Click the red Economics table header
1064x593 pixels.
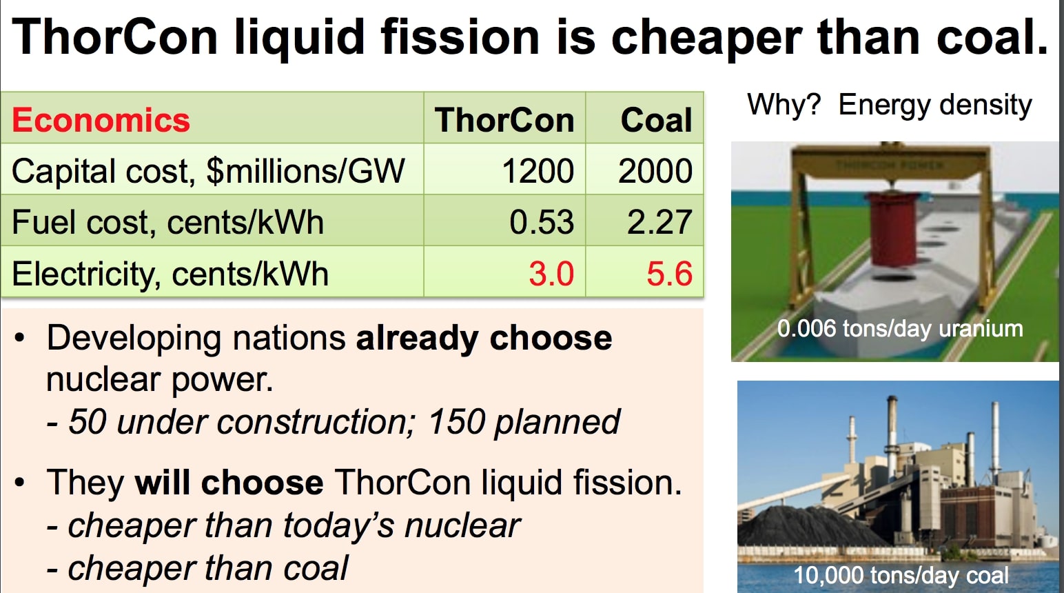coord(101,120)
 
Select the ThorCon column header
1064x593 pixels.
coord(504,120)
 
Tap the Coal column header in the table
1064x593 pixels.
coord(656,120)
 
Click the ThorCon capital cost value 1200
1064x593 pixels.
coord(538,171)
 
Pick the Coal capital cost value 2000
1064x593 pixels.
coord(655,171)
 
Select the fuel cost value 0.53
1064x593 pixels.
coord(542,222)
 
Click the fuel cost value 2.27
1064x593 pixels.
coord(659,222)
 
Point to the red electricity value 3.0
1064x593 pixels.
coord(551,274)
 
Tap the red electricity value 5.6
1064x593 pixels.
coord(668,274)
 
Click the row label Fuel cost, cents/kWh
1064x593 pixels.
coord(167,223)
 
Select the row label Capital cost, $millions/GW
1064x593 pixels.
coord(208,171)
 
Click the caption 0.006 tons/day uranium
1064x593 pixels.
coord(900,328)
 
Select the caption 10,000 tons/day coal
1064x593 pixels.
coord(901,575)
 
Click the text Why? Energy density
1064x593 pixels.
coord(889,105)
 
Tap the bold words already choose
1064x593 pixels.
coord(484,338)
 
